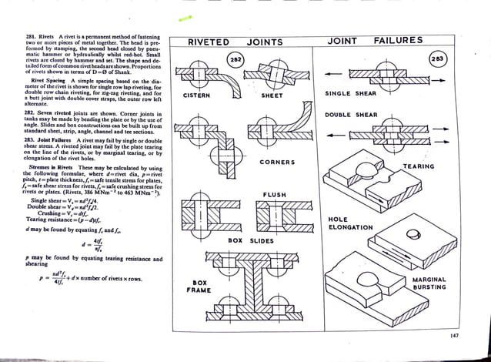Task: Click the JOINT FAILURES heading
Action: tap(384, 40)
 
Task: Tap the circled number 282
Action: tap(235, 59)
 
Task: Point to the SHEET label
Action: tap(272, 96)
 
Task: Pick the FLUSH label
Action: tap(276, 196)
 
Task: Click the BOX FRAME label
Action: tap(201, 287)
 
